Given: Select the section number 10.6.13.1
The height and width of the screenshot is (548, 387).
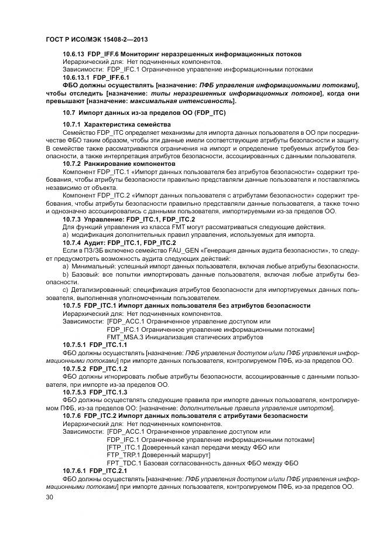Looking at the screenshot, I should (76, 76).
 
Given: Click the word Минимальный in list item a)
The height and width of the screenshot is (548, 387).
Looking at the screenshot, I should (90, 266).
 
